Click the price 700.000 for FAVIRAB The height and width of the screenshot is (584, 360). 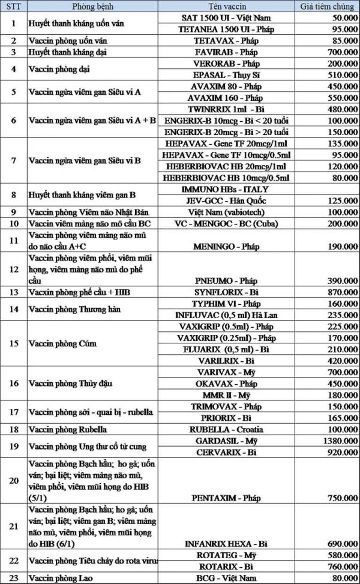coord(336,53)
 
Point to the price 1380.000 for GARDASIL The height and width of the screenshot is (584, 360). coord(335,440)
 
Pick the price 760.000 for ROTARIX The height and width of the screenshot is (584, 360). coord(336,566)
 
